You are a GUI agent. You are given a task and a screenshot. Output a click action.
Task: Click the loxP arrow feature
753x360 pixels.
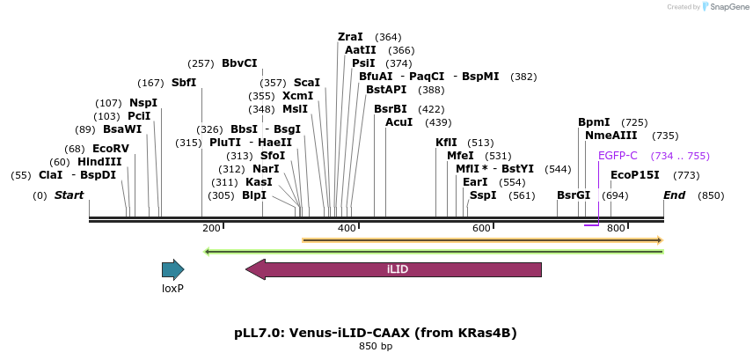tap(172, 269)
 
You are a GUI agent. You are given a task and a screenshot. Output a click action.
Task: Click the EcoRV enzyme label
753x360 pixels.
tap(111, 149)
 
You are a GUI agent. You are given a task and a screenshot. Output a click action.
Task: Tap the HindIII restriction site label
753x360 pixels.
tap(99, 162)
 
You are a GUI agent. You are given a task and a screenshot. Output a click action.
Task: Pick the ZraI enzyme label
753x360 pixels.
tap(350, 37)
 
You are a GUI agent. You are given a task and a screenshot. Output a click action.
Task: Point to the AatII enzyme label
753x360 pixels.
tap(360, 50)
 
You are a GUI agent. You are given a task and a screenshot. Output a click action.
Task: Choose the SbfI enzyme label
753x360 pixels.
tap(184, 83)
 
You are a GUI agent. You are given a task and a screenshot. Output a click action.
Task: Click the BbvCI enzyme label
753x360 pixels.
tap(239, 63)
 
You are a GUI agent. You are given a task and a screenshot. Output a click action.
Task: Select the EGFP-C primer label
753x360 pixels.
tap(618, 156)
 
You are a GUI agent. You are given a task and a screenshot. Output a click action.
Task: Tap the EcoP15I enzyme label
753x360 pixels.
tap(634, 175)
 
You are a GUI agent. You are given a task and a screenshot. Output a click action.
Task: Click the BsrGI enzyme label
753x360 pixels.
tap(574, 195)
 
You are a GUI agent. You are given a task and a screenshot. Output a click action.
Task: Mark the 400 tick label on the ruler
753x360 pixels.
tap(347, 229)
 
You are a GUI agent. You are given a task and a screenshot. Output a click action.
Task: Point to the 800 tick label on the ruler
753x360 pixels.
tap(616, 229)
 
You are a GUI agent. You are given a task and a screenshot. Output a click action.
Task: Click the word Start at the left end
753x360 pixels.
tap(69, 195)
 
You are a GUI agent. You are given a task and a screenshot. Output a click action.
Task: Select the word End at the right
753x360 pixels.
tap(675, 195)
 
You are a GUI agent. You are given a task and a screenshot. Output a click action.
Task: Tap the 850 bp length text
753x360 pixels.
tap(376, 346)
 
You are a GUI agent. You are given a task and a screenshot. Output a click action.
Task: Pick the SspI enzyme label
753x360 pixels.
tap(483, 195)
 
